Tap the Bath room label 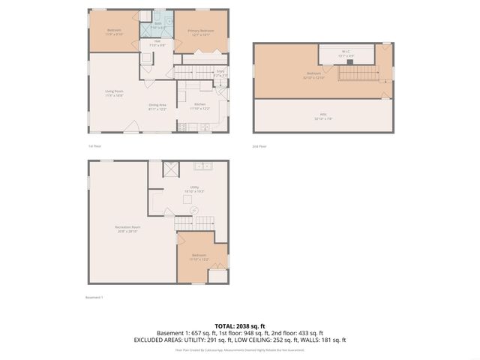(x=158, y=25)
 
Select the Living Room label (x=113, y=94)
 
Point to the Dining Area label (x=157, y=106)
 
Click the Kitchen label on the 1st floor (x=199, y=106)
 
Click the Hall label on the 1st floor (x=157, y=43)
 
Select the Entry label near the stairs (x=220, y=73)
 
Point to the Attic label (x=323, y=117)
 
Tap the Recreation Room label (x=128, y=229)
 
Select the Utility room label (x=193, y=189)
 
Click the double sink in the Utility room (x=202, y=166)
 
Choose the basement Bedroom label (x=199, y=257)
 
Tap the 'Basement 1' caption (x=94, y=297)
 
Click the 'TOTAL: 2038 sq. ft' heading (x=240, y=326)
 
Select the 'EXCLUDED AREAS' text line (x=240, y=340)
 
